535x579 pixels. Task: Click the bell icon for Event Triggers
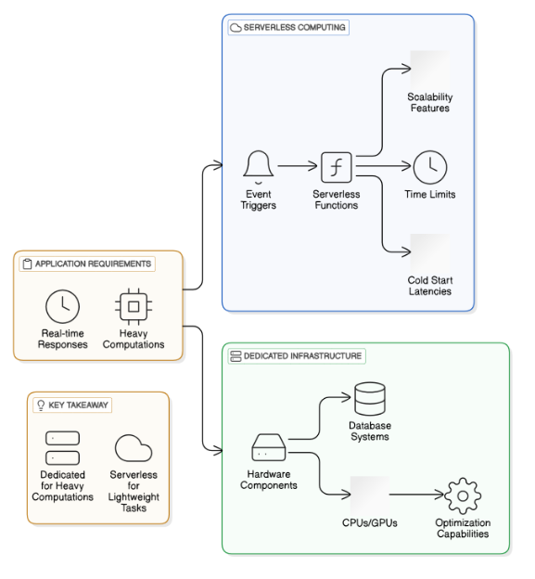pos(258,167)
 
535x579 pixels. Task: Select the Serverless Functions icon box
pos(335,168)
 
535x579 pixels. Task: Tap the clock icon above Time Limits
pos(429,168)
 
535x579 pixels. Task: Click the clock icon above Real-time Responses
pos(63,306)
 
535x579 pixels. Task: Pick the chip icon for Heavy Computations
pos(134,306)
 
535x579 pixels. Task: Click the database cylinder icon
pos(370,400)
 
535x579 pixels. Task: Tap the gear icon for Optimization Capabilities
pos(463,496)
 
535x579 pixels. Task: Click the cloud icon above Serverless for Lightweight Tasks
pos(134,449)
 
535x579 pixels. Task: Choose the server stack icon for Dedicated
pos(62,447)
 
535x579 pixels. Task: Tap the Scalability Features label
pos(428,103)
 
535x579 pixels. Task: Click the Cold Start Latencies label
pos(428,286)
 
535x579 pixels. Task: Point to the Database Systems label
pos(370,431)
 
